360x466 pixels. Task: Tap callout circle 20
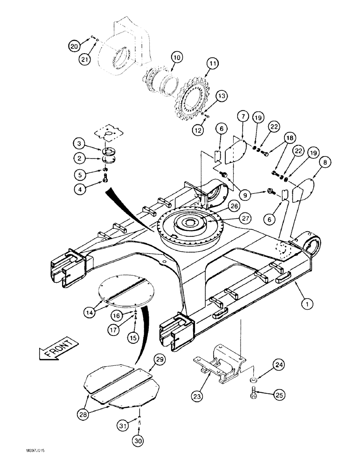point(74,45)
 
